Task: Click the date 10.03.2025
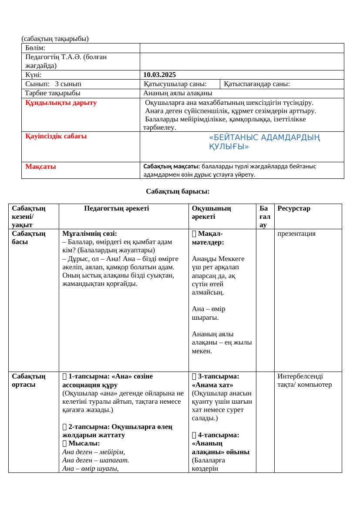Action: coord(159,75)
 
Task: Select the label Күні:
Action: coord(33,75)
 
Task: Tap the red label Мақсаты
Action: coord(40,166)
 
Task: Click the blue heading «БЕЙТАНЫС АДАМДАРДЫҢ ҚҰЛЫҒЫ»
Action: coord(264,142)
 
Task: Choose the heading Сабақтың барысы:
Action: coord(178,191)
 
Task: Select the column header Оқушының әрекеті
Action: coord(212,212)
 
